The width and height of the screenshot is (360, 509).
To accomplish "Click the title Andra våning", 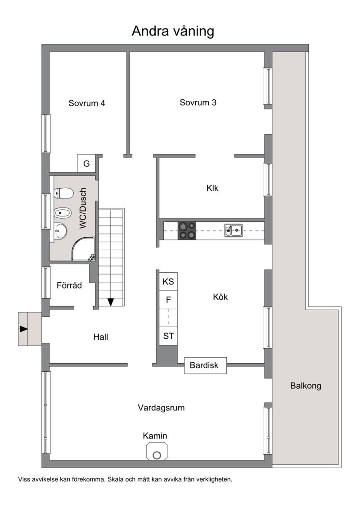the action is coord(173,32).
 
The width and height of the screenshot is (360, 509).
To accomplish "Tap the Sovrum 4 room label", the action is coord(87,103).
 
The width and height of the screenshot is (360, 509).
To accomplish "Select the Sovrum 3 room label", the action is coord(198,103).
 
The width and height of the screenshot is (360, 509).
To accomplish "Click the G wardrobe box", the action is coord(86,164).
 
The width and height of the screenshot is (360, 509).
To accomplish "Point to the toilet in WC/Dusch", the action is coord(63,194).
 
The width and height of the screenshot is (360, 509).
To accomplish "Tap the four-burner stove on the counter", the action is coord(187,231).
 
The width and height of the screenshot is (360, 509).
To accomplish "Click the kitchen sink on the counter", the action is coord(234,230).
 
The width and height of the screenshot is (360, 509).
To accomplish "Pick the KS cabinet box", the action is coord(168,281).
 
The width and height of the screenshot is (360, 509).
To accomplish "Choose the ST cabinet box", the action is coord(168,336).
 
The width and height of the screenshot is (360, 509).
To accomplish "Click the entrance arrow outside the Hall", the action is coord(24,329).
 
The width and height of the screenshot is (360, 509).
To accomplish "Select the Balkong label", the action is coord(306,386).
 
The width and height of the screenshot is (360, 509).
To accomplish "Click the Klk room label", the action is coord(212,188).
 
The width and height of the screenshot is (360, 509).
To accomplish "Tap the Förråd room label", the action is coord(69,285).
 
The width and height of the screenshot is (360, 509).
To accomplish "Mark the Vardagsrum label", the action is coord(162,408).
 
